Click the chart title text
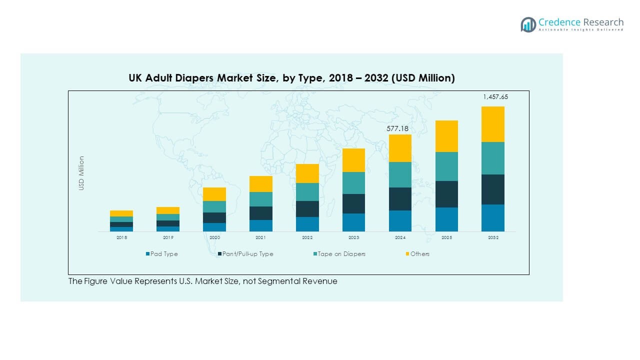pyautogui.click(x=291, y=78)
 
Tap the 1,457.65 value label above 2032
pyautogui.click(x=495, y=97)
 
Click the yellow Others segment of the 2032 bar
pyautogui.click(x=492, y=124)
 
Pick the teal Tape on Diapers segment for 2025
pyautogui.click(x=446, y=166)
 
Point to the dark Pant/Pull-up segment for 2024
pyautogui.click(x=400, y=198)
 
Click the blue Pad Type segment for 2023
pyautogui.click(x=353, y=222)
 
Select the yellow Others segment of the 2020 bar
pyautogui.click(x=214, y=194)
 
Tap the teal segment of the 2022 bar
pyautogui.click(x=307, y=191)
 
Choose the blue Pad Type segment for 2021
pyautogui.click(x=260, y=225)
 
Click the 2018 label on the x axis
pyautogui.click(x=121, y=238)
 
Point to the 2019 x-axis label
pyautogui.click(x=168, y=238)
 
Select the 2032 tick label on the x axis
pyautogui.click(x=493, y=238)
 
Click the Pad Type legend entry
pyautogui.click(x=161, y=254)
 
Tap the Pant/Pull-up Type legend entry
pyautogui.click(x=245, y=254)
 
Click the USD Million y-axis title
pyautogui.click(x=81, y=173)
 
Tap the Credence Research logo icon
pyautogui.click(x=528, y=24)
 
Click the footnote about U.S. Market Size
pyautogui.click(x=202, y=281)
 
